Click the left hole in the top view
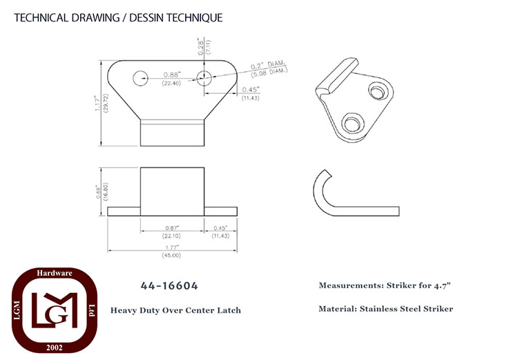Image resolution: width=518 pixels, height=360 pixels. pos(140,78)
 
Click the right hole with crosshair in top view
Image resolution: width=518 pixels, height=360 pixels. pos(204,78)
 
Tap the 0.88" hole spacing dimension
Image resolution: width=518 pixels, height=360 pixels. pos(172,75)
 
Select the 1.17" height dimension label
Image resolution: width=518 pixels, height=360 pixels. pos(97,103)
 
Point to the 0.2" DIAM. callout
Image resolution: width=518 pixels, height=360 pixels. pos(267,65)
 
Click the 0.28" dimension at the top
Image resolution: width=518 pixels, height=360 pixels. pos(200,46)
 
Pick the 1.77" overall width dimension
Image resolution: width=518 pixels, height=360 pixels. pos(172,247)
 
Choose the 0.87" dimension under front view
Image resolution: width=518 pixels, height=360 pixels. pos(172,228)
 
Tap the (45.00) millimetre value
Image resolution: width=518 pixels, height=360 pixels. pos(171,255)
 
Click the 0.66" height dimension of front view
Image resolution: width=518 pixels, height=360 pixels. pos(99,191)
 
